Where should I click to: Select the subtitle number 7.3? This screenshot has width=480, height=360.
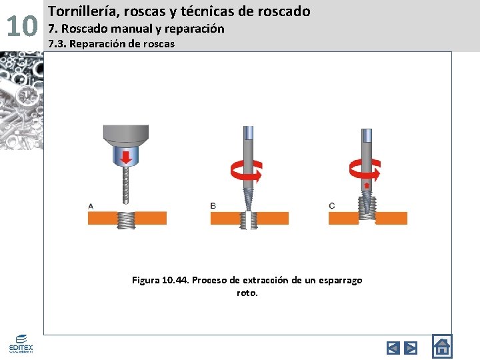[56, 44]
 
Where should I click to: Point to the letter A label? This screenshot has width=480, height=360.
[91, 206]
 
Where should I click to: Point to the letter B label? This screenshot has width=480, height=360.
[213, 206]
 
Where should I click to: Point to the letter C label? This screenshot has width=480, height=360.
[332, 206]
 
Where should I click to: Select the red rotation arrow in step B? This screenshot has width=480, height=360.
[247, 171]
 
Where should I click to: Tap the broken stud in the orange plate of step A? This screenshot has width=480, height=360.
[125, 219]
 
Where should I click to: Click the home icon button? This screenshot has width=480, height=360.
[441, 347]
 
